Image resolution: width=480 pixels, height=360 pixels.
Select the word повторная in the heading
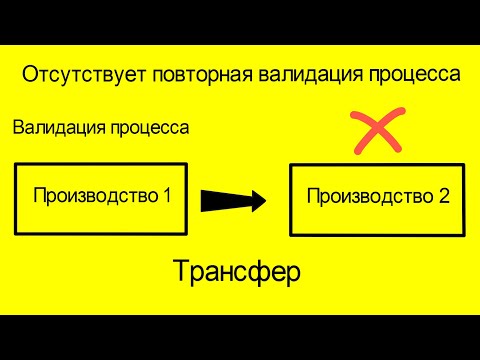[x=187, y=75]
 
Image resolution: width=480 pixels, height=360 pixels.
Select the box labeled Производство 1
[x=101, y=197]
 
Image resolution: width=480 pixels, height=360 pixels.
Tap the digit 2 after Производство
[x=443, y=196]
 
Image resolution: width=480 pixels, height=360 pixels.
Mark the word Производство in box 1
[x=95, y=195]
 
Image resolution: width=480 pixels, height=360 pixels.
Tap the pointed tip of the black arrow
[x=264, y=200]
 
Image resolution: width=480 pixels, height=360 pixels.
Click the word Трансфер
[x=236, y=272]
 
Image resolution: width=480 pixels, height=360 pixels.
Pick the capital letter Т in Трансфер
[x=182, y=271]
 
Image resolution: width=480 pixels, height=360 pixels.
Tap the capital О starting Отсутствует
[x=28, y=75]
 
